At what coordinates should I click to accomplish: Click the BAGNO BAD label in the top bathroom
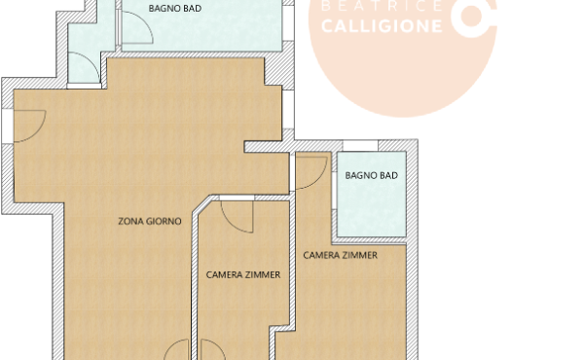(x=175, y=8)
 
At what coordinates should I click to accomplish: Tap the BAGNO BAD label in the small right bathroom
(x=371, y=175)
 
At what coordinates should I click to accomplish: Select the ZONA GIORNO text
(x=150, y=222)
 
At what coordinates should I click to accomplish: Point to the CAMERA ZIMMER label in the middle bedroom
(x=243, y=275)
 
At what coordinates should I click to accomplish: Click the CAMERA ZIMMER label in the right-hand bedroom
(x=340, y=255)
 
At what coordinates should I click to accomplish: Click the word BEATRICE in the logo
(x=381, y=6)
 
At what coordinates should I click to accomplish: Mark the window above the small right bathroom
(x=361, y=146)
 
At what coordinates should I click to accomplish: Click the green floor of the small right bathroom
(x=371, y=209)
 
